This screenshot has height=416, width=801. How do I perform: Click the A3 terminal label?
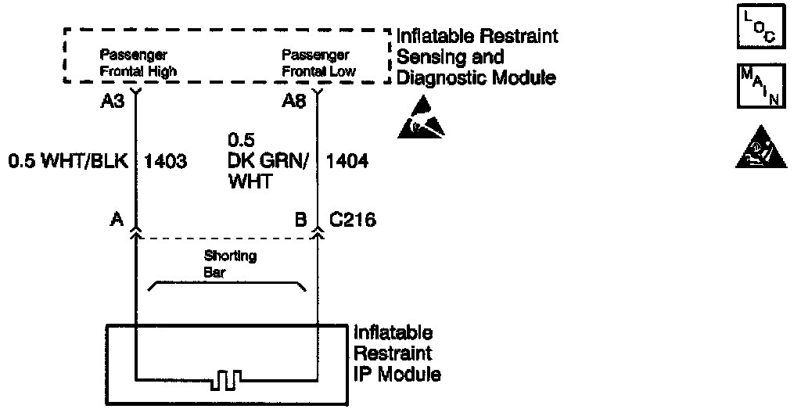click(114, 102)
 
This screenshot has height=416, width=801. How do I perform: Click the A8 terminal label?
click(295, 102)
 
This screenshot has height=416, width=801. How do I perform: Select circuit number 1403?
click(166, 162)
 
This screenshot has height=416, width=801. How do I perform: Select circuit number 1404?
click(347, 162)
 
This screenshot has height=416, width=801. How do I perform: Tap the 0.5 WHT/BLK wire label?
click(66, 162)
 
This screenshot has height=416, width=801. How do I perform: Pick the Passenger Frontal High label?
click(138, 63)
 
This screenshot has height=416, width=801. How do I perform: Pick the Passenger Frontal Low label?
click(318, 63)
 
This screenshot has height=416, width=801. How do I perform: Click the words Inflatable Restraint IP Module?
click(397, 353)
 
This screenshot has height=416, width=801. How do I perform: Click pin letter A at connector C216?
click(117, 221)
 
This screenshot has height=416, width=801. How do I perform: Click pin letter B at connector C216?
click(300, 221)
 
